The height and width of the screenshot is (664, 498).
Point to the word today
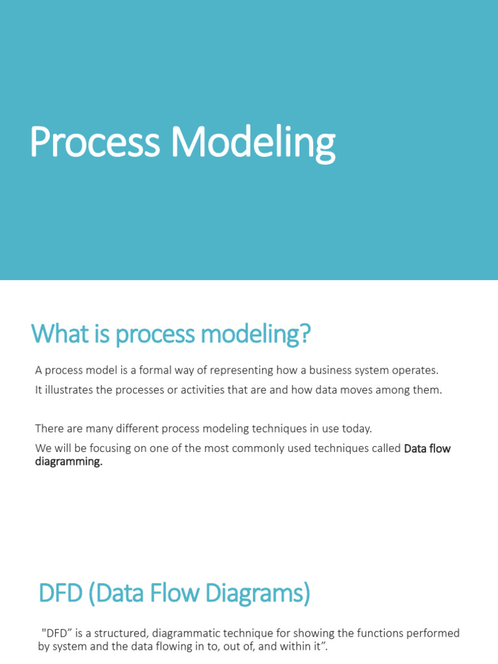coord(356,429)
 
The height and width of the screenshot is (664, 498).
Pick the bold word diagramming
coord(69,461)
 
